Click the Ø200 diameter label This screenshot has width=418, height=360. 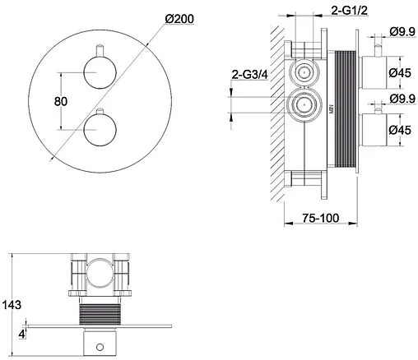[179, 19]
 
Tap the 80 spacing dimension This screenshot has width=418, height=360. [61, 101]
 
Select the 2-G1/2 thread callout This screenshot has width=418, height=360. [349, 11]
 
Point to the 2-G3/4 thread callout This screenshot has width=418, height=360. [249, 75]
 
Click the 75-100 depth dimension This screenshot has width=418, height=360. [321, 218]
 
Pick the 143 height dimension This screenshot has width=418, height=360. [12, 305]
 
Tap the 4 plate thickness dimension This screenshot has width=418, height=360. [22, 335]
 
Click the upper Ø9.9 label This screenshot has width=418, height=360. [402, 32]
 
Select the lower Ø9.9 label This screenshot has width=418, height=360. [402, 99]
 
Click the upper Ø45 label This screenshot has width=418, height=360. [400, 73]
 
